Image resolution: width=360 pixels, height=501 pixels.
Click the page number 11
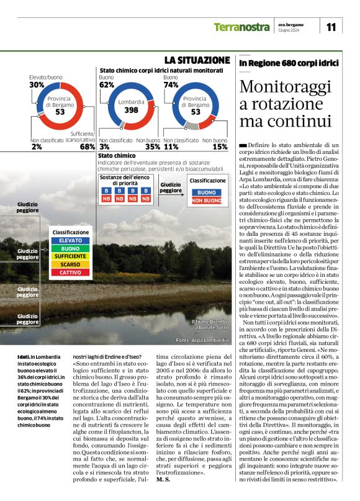tap(330, 26)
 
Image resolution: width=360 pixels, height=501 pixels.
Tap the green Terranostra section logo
tap(241, 27)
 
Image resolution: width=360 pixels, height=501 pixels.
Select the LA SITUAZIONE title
tap(197, 60)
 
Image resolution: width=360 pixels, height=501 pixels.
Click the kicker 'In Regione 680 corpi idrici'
tap(289, 63)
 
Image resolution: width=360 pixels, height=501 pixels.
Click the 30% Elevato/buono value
tap(37, 84)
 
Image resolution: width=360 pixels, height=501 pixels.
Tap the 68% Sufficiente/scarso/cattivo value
tap(88, 147)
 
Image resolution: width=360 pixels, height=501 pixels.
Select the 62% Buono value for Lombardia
tap(107, 84)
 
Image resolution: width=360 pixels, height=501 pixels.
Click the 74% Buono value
tap(171, 84)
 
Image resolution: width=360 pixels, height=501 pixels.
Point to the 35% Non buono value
tap(152, 147)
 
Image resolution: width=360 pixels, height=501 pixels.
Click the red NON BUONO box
tap(207, 201)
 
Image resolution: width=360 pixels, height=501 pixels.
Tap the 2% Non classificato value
tap(37, 147)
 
